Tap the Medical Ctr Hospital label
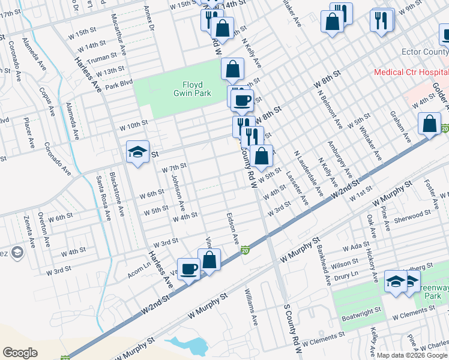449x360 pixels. (410, 72)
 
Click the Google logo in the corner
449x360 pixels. (20, 352)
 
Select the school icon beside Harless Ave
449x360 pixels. (137, 153)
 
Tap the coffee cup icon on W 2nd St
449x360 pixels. (188, 269)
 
